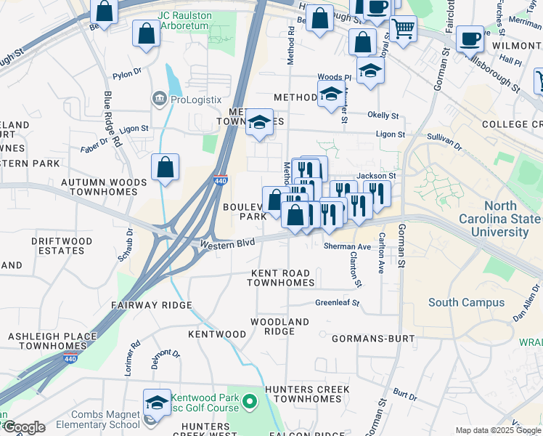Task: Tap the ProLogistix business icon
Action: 159,99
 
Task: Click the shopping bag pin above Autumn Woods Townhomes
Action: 166,167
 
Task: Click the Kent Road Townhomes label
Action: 282,278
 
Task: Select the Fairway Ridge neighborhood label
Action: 151,305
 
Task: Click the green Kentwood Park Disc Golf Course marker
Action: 249,401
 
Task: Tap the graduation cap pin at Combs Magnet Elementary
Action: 156,403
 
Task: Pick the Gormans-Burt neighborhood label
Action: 372,339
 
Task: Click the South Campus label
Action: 466,302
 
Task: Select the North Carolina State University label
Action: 500,219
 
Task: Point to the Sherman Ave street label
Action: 347,247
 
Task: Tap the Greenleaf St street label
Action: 337,303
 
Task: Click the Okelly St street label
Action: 383,116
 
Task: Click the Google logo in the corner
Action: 23,427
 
